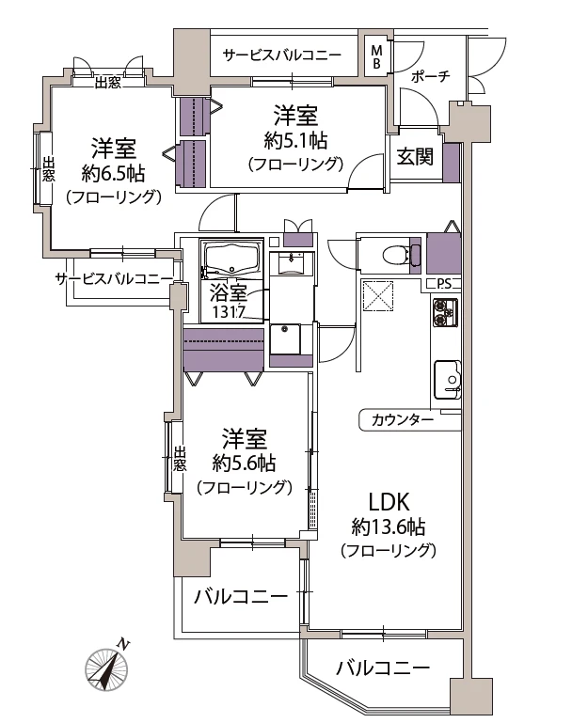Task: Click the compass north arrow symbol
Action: [105, 669]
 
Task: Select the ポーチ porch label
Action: [431, 76]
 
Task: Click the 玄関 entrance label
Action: [414, 157]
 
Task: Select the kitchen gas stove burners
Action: [443, 311]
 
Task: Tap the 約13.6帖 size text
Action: [389, 527]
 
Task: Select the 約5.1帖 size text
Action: [295, 141]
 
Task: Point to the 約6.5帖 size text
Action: [113, 173]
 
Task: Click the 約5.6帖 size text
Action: [244, 464]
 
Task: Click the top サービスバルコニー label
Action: [282, 55]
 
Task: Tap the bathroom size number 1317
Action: [230, 312]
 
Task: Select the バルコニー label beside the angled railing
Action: [383, 668]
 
